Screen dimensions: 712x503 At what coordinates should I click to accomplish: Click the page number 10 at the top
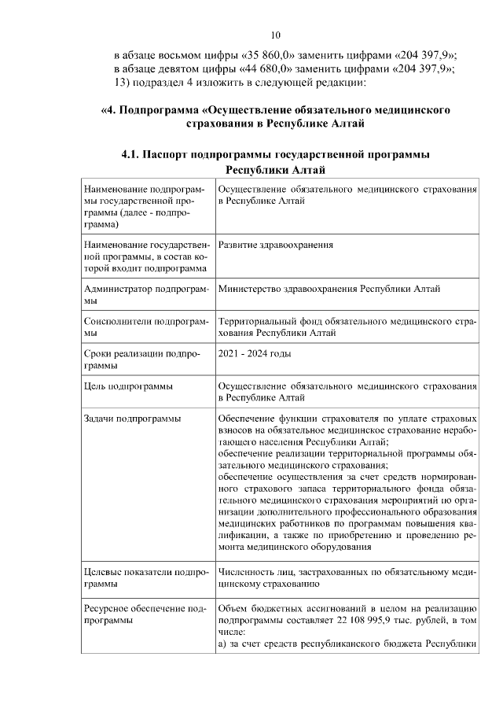[x=275, y=35]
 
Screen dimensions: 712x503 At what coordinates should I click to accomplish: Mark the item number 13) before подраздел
[x=123, y=83]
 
